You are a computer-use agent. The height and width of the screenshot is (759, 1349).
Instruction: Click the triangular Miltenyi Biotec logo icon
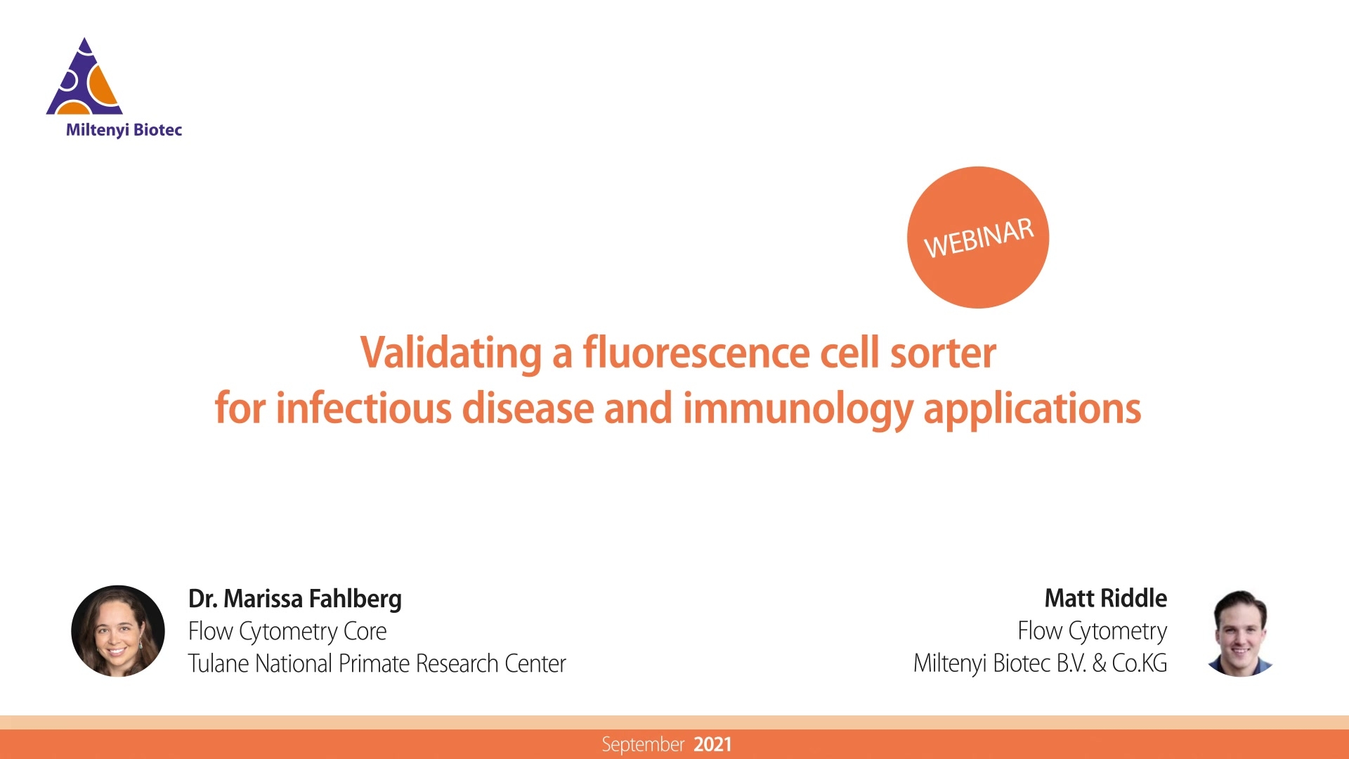point(84,77)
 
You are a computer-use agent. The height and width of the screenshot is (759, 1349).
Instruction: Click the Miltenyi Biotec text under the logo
point(124,130)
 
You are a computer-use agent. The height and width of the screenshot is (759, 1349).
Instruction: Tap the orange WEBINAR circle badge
point(978,238)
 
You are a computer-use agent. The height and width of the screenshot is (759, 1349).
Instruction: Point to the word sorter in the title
point(943,353)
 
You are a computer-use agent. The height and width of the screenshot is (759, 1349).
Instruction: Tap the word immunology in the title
point(798,410)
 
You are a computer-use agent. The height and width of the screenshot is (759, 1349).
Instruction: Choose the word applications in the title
point(1032,410)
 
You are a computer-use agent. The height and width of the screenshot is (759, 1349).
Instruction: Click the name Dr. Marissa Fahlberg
point(295,599)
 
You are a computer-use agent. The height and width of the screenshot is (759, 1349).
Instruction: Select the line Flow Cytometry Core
point(287,632)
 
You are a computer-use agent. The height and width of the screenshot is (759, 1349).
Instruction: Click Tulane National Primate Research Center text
point(377,663)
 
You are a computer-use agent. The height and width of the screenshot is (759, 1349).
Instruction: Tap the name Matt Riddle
point(1106,598)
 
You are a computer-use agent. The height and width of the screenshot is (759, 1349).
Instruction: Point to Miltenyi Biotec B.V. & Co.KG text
point(1041,663)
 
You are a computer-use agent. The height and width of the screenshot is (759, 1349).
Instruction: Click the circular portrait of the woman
point(118,631)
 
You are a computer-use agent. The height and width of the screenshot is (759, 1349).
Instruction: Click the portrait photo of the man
point(1240,632)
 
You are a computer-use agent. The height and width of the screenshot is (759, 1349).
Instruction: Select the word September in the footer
point(643,745)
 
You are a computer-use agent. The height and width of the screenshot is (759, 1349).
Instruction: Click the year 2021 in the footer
point(712,745)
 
